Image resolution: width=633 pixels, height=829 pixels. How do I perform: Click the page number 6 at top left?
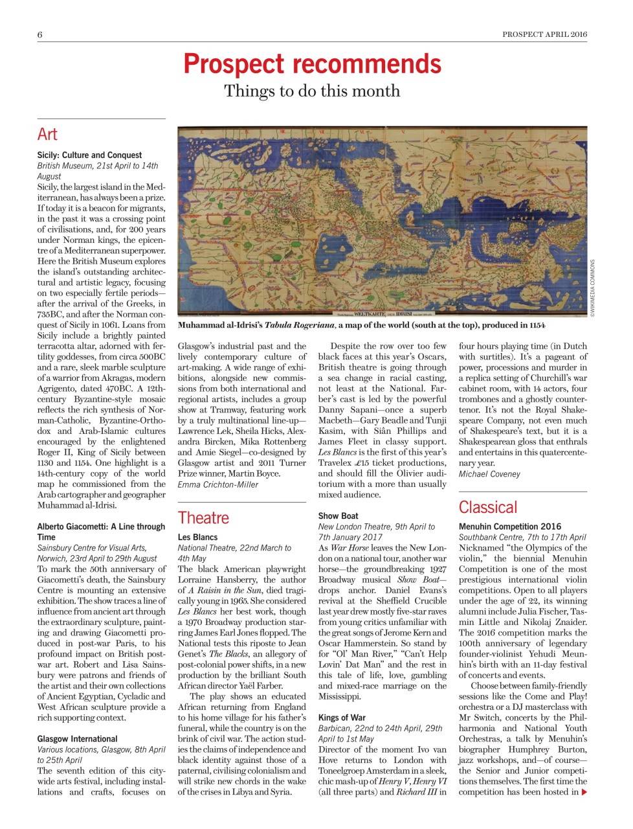tap(40, 35)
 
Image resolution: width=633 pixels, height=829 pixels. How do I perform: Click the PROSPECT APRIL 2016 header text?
tap(544, 34)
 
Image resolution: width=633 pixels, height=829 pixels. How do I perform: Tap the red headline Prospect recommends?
tap(312, 64)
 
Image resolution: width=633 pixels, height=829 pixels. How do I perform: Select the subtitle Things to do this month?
tap(312, 91)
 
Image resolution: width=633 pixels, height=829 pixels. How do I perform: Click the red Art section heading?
tap(47, 134)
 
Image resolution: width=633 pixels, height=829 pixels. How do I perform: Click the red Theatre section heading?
tap(203, 517)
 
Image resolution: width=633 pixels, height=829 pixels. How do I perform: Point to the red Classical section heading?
tap(488, 507)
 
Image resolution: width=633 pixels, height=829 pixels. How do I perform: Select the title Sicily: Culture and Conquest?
tap(89, 155)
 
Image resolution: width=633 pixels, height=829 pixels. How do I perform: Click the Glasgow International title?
tap(77, 738)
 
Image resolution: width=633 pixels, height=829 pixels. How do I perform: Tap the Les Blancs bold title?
tap(197, 537)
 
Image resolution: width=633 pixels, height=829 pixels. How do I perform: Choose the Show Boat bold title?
tap(338, 516)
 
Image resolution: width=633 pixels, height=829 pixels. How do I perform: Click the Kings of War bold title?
tap(342, 718)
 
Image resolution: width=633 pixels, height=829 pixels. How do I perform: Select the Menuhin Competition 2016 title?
tap(510, 527)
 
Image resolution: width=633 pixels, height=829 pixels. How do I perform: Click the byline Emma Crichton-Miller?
tap(217, 484)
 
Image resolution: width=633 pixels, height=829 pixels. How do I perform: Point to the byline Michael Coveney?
tap(489, 474)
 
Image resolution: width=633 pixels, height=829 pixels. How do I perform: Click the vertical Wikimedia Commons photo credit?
tap(592, 288)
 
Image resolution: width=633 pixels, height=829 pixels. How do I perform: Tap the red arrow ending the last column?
tap(584, 792)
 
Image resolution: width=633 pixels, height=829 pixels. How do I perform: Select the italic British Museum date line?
tap(97, 170)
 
